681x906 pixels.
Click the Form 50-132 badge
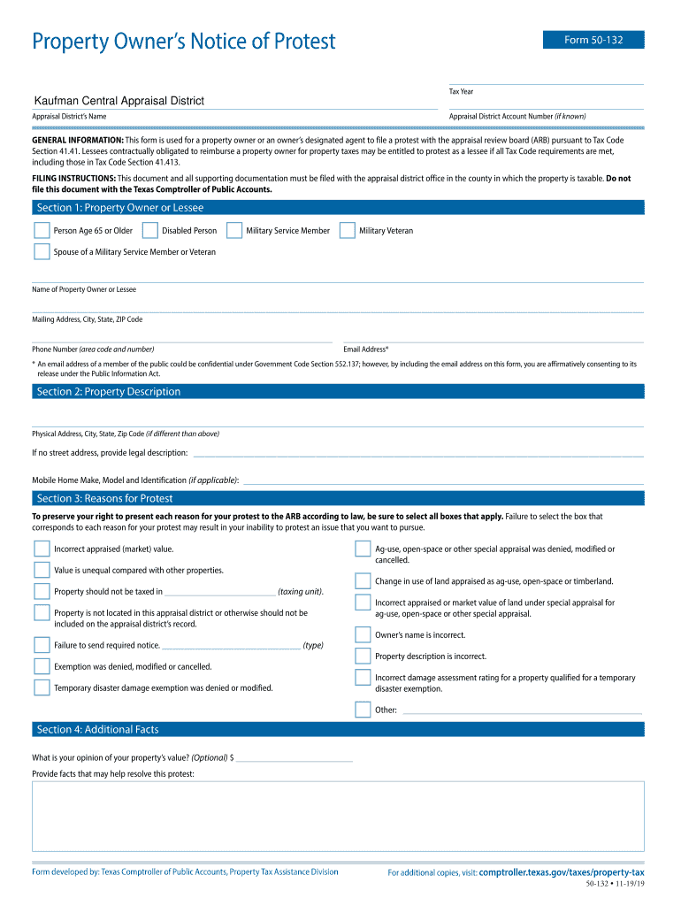[x=593, y=40]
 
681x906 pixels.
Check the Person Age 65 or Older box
[x=42, y=230]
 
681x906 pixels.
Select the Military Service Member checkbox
[x=234, y=230]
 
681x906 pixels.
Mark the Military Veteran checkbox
[x=348, y=230]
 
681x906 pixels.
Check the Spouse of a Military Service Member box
[x=42, y=251]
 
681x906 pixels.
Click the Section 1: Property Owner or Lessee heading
[x=120, y=208]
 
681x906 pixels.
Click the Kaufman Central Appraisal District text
[x=119, y=101]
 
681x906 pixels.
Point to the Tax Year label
[x=461, y=91]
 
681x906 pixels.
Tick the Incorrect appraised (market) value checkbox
[x=42, y=549]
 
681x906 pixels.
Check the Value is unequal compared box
[x=42, y=570]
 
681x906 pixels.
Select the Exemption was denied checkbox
[x=42, y=666]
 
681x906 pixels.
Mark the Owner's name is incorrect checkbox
[x=363, y=634]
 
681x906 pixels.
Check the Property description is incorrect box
[x=363, y=656]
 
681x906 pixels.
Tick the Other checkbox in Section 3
[x=363, y=709]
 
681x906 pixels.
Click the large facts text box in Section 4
[x=338, y=815]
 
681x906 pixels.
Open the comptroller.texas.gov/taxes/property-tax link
[x=561, y=872]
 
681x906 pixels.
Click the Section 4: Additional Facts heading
[x=98, y=729]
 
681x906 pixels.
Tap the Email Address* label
[x=365, y=349]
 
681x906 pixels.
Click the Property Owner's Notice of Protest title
[x=184, y=42]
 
